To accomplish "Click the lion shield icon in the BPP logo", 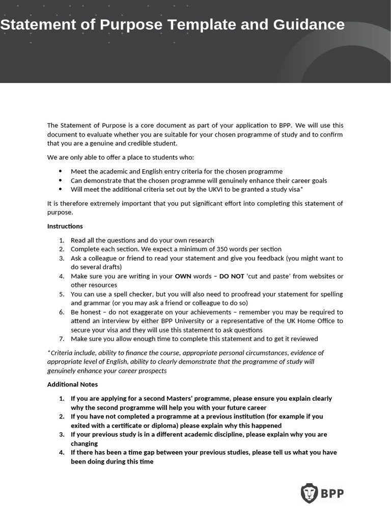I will pos(309,493).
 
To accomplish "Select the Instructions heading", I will pos(65,226).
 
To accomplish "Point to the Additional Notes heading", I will pos(72,384).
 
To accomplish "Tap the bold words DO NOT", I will pos(232,276).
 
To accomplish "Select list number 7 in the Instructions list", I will pos(61,339).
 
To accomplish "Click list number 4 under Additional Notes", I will pos(61,453).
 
